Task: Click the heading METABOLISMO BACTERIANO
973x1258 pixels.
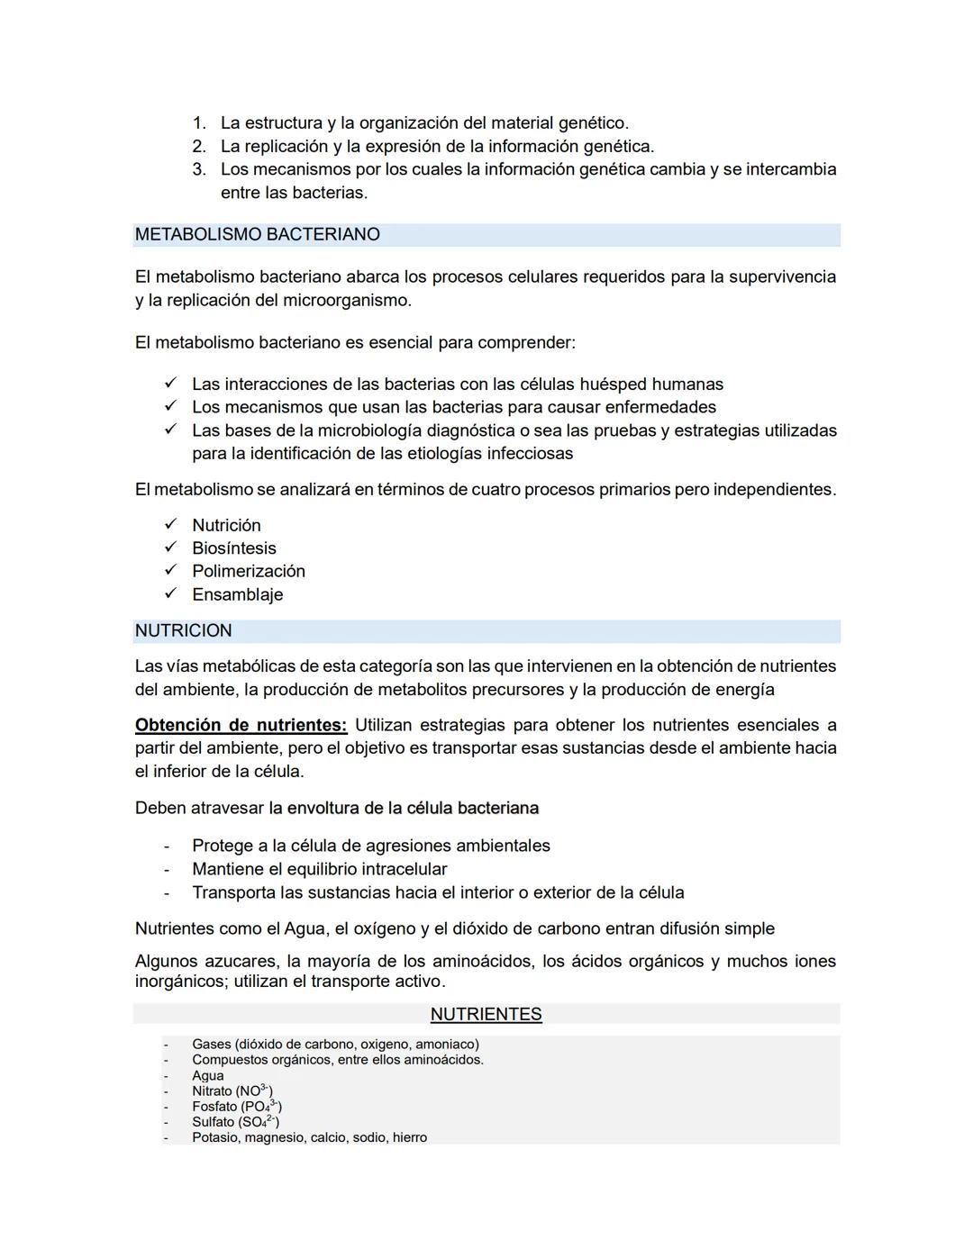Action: click(257, 235)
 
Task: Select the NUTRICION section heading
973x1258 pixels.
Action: click(183, 631)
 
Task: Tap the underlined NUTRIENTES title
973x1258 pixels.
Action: click(486, 1015)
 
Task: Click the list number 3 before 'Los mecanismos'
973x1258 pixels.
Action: click(199, 169)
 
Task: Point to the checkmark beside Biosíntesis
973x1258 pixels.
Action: click(169, 548)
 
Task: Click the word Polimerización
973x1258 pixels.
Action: click(248, 571)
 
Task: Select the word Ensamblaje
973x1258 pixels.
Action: click(237, 594)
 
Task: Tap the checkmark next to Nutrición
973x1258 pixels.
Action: click(169, 524)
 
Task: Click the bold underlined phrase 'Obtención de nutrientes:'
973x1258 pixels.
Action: click(241, 725)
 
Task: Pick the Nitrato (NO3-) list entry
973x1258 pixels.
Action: click(232, 1091)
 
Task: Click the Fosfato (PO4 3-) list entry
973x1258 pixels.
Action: click(236, 1106)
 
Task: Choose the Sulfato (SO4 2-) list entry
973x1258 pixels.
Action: click(235, 1122)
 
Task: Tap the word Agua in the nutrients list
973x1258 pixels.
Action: click(207, 1075)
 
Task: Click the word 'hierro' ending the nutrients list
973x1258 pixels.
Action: click(409, 1137)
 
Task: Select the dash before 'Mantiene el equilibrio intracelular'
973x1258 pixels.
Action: click(166, 870)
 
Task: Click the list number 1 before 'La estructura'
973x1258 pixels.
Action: click(199, 122)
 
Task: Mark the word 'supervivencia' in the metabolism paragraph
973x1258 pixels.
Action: click(781, 276)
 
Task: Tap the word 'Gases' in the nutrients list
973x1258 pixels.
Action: click(211, 1045)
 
